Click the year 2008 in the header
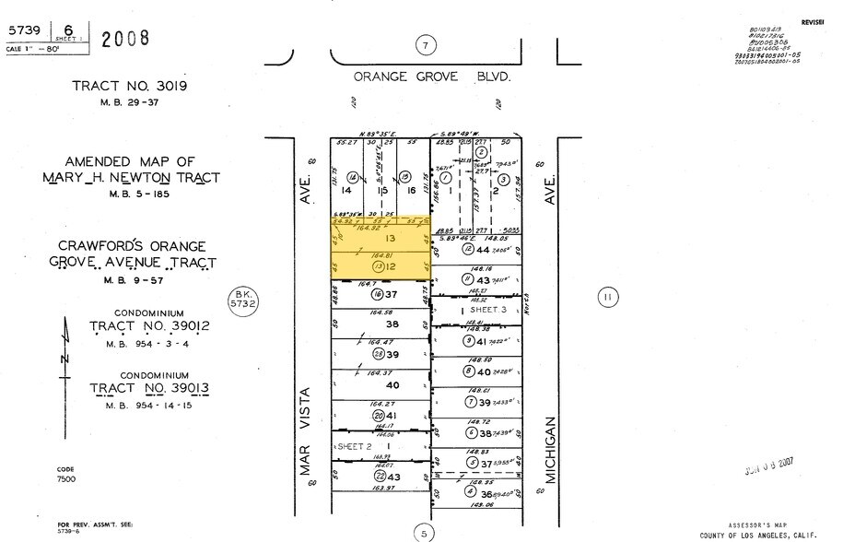click(124, 39)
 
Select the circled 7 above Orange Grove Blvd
click(424, 45)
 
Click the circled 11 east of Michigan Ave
click(605, 297)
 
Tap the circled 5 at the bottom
click(424, 532)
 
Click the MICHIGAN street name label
click(550, 451)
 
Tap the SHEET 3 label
click(485, 310)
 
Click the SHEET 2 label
click(354, 445)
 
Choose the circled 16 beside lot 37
click(377, 295)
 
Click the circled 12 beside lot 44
click(469, 249)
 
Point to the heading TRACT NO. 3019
click(129, 87)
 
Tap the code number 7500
click(68, 480)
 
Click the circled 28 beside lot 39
click(378, 355)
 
